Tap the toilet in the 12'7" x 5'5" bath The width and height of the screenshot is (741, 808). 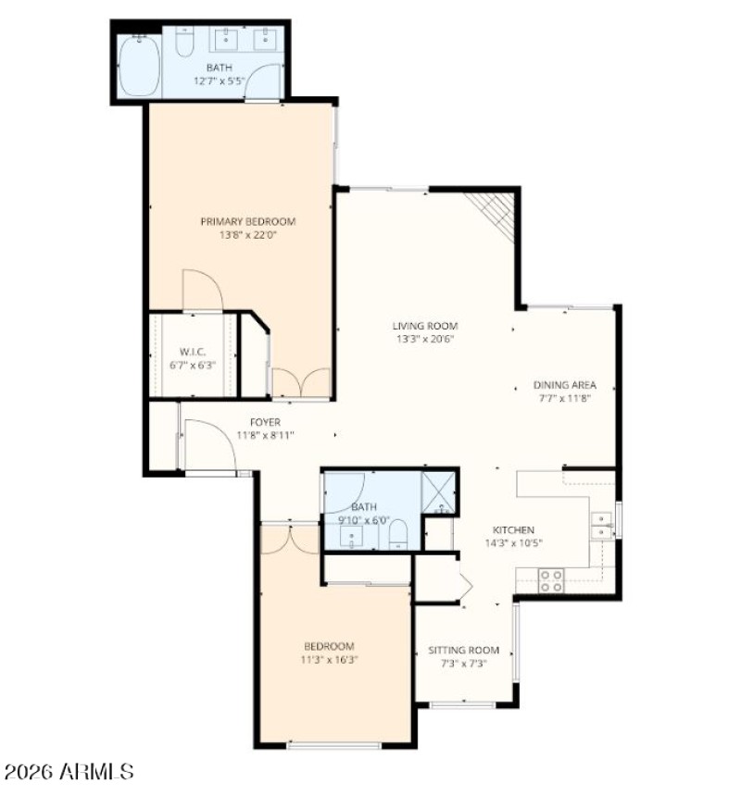(x=183, y=43)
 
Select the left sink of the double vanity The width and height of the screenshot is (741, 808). (x=226, y=38)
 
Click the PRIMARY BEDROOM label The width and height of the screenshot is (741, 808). (x=248, y=221)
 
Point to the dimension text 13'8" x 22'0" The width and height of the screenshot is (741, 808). (x=248, y=235)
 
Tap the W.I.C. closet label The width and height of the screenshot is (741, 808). (x=192, y=352)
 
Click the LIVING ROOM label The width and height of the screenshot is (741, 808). (x=425, y=326)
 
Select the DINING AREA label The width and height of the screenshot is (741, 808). (x=564, y=385)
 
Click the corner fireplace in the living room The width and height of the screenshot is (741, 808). (x=495, y=214)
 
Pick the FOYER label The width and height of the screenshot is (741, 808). (x=265, y=422)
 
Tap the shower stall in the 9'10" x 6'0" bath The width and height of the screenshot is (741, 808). (x=438, y=491)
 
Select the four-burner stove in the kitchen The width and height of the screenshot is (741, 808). (x=552, y=580)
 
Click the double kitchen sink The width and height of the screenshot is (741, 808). (x=602, y=526)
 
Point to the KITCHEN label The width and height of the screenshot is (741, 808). (x=512, y=530)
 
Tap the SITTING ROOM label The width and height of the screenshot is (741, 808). (x=463, y=650)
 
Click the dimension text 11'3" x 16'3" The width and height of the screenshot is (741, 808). (x=330, y=660)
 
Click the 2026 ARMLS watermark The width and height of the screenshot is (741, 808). (x=69, y=771)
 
